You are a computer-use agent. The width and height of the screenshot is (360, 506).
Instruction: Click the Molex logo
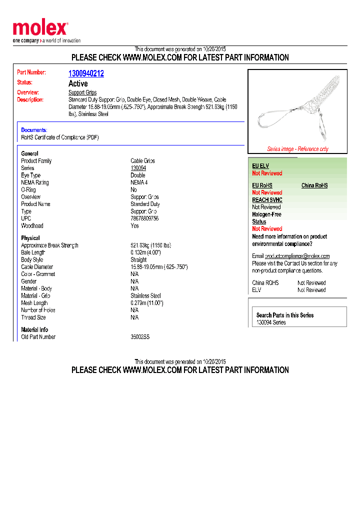coord(40,28)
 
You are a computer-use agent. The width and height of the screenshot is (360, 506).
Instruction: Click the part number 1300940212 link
coord(86,73)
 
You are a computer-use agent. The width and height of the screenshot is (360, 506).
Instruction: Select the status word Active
coord(78,83)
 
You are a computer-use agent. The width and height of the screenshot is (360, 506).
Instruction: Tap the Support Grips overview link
coord(82,92)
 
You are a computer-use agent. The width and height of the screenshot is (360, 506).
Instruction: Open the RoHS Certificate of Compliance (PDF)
coord(60,137)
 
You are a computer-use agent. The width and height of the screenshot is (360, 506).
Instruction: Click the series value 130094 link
coord(138,168)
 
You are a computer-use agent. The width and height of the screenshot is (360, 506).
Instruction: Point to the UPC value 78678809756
coord(144,218)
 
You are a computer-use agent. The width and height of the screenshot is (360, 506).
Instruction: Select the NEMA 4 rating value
coord(139,182)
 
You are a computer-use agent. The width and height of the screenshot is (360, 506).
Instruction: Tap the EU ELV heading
coord(260,166)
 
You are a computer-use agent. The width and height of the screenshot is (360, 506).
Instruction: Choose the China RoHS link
coord(314,185)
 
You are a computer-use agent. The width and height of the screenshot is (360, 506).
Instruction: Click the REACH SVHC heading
coord(267,200)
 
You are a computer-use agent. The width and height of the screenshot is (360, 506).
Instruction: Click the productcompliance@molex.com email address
coord(297,256)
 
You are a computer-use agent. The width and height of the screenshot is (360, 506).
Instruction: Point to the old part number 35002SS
coord(140,337)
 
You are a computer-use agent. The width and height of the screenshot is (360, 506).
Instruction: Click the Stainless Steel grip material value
coord(145,295)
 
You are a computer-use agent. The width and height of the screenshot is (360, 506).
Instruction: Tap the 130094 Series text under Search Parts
coord(271,322)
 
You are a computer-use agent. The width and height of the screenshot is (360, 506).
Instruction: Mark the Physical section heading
coord(30,238)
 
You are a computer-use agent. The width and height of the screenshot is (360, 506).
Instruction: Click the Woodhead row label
coord(32,226)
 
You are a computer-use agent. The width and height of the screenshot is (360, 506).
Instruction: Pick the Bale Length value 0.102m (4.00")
coord(145,252)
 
